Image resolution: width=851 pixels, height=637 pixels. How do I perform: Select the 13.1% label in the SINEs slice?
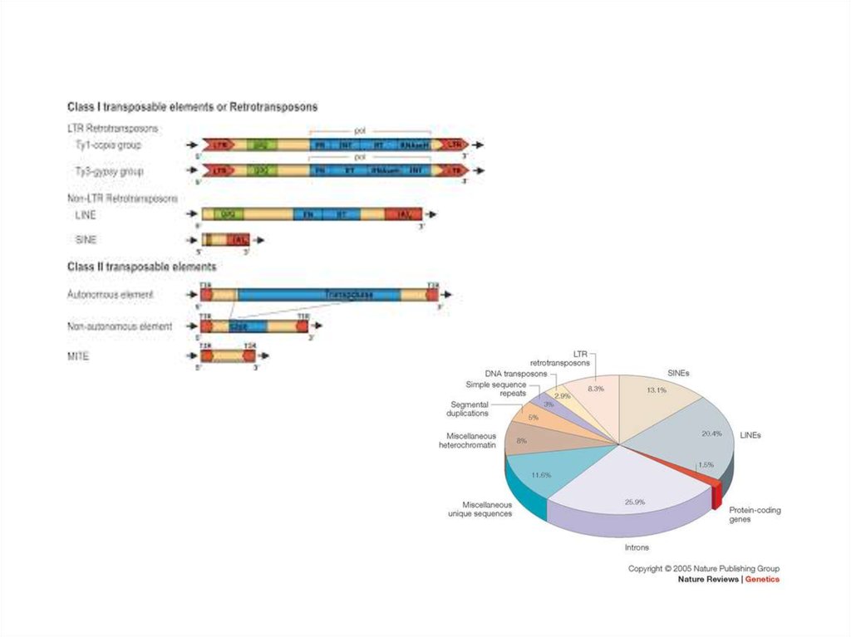click(x=657, y=391)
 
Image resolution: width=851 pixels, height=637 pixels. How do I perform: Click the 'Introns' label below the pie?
click(x=637, y=547)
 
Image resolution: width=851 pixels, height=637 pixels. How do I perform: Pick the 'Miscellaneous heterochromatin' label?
click(x=467, y=440)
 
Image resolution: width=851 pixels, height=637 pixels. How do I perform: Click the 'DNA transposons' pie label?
click(x=515, y=374)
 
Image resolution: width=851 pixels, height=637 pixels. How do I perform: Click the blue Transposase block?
click(x=349, y=295)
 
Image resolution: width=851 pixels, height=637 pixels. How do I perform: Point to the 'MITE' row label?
click(x=78, y=355)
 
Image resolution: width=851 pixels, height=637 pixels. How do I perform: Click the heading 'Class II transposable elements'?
click(x=141, y=267)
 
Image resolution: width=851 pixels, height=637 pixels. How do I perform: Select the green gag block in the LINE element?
click(x=222, y=214)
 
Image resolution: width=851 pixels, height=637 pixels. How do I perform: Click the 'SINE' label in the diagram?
click(x=86, y=239)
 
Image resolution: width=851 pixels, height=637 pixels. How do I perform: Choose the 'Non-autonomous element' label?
click(x=120, y=326)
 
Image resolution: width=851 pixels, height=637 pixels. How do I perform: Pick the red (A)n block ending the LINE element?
click(x=404, y=214)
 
